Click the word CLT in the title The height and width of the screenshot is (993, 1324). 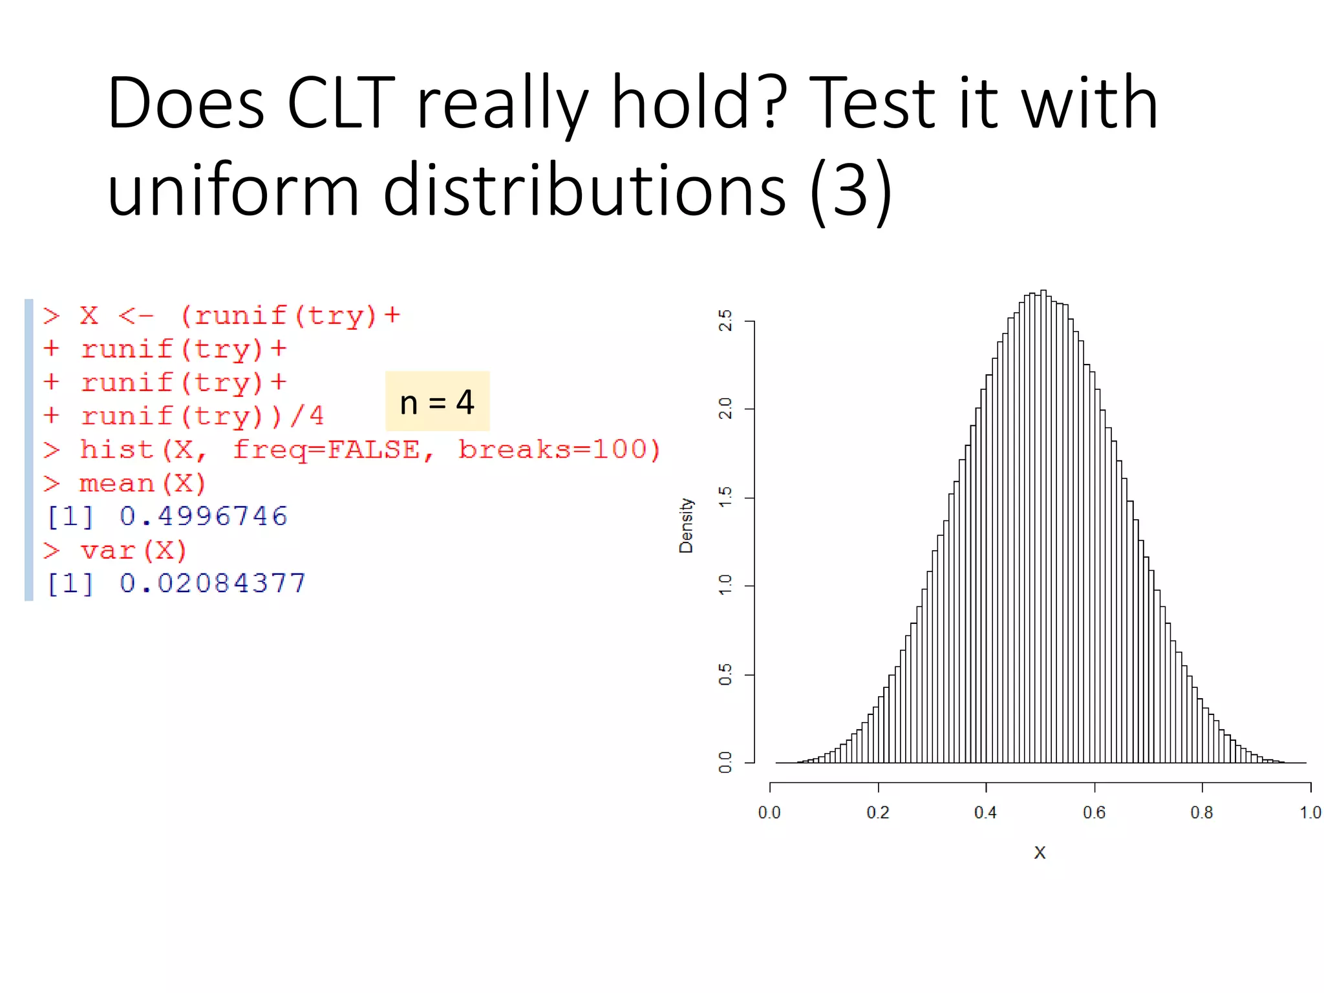point(341,103)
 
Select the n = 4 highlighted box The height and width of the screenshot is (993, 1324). point(437,401)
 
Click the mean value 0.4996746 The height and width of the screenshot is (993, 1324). point(203,516)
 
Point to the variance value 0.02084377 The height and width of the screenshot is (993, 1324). point(212,583)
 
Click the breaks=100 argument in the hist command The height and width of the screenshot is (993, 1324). point(559,449)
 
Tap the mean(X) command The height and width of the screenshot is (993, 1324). point(142,483)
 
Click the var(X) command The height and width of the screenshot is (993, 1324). point(133,550)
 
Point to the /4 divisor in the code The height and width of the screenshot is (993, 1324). point(307,416)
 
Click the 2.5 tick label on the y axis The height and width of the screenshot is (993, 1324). point(725,321)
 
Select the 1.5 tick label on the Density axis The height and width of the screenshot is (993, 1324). point(725,498)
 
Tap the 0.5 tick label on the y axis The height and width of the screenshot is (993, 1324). point(725,674)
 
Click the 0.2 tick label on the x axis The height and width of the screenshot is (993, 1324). point(878,813)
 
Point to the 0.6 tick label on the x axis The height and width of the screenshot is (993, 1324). point(1094,813)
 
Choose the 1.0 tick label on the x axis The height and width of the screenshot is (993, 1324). point(1310,813)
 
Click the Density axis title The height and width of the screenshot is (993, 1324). point(686,525)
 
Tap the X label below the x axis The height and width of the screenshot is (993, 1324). point(1040,853)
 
